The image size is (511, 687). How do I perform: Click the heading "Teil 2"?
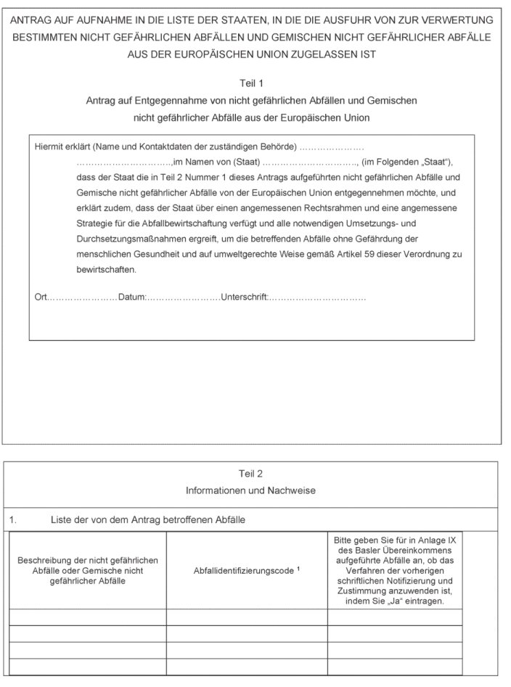(x=250, y=474)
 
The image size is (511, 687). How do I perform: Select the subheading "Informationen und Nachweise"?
(x=250, y=491)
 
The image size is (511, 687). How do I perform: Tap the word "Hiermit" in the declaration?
(x=49, y=147)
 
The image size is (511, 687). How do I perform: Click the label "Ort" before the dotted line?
(x=41, y=297)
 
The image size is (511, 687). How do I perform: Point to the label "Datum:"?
(x=132, y=297)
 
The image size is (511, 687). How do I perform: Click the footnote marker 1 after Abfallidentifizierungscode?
(x=298, y=569)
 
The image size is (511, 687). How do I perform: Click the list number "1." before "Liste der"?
(x=13, y=520)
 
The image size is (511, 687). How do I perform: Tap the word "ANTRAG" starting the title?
(x=32, y=20)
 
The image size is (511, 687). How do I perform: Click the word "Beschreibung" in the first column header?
(x=48, y=561)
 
